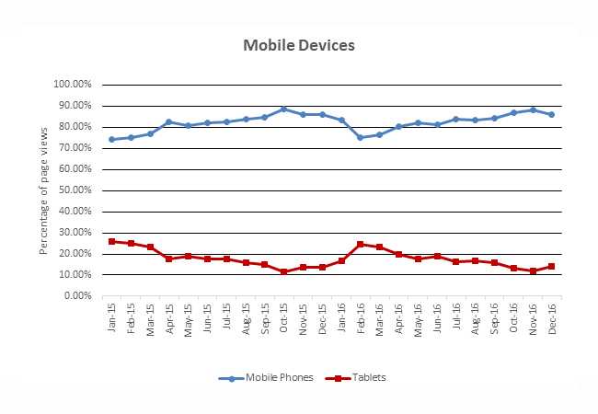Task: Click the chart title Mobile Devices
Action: coord(298,45)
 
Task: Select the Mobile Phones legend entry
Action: coord(267,377)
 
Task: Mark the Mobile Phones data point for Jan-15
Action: coord(111,140)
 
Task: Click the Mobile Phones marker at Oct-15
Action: coord(283,109)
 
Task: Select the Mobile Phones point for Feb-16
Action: coord(360,137)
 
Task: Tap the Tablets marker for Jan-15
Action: coord(111,241)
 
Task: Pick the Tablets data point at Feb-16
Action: coord(360,244)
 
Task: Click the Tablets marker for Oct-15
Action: coord(283,271)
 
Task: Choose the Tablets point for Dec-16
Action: coord(551,266)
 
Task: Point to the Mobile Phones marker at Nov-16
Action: coord(532,109)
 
